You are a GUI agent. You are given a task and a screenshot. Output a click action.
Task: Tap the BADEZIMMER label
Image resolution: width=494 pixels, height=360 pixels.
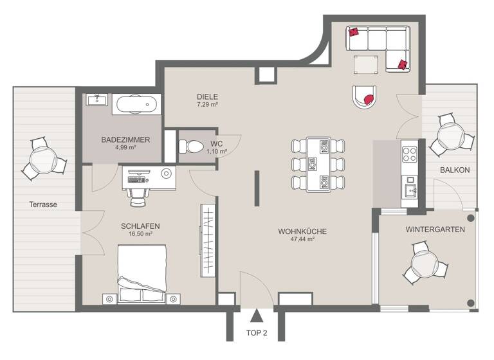tap(125, 139)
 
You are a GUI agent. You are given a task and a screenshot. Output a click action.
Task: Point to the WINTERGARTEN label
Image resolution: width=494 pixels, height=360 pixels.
tap(435, 229)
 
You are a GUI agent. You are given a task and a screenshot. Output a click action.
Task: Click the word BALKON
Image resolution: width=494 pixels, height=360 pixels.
tap(455, 170)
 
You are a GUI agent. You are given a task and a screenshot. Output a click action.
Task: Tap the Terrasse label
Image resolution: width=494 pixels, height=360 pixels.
tap(43, 205)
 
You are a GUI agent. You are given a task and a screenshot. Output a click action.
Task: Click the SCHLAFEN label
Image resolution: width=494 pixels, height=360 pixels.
tap(140, 226)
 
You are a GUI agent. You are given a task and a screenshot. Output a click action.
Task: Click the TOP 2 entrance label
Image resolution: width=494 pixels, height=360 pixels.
tap(256, 334)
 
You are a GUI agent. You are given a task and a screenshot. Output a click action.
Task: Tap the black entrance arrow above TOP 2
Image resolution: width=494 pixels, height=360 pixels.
tap(256, 316)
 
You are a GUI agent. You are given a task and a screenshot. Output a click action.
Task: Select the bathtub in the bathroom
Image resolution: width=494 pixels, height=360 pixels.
tap(136, 103)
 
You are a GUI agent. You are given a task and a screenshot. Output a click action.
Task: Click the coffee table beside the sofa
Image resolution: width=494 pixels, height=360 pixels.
tap(366, 64)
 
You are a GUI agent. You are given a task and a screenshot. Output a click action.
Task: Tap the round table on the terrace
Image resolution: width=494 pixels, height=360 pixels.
tap(44, 157)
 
